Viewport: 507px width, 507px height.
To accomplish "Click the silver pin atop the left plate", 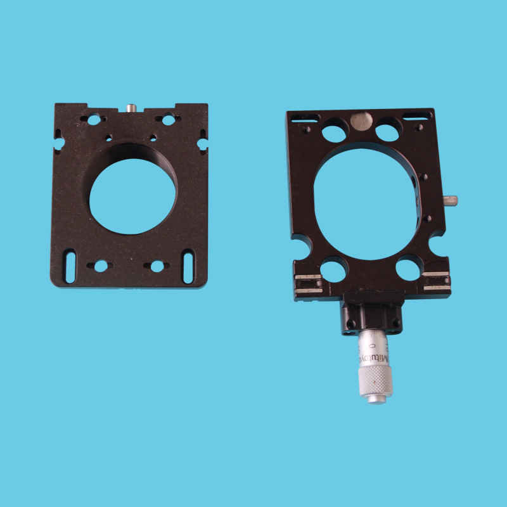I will pyautogui.click(x=131, y=108).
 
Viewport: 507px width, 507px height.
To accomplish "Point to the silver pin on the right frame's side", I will pyautogui.click(x=451, y=201).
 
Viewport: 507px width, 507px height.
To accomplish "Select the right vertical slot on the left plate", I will pyautogui.click(x=188, y=266).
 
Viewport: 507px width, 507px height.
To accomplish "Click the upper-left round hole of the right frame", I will pyautogui.click(x=334, y=132).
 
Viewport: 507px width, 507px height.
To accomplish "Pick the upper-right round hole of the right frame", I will pyautogui.click(x=388, y=131).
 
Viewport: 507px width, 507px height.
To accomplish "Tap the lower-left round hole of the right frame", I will pyautogui.click(x=333, y=269).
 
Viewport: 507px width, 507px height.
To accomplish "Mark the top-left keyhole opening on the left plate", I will pyautogui.click(x=94, y=119).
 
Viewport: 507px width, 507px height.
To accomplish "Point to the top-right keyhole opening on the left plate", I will pyautogui.click(x=167, y=119).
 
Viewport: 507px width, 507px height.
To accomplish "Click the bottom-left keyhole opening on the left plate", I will pyautogui.click(x=100, y=266).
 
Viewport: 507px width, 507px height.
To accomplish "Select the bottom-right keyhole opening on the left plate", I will pyautogui.click(x=156, y=267).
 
